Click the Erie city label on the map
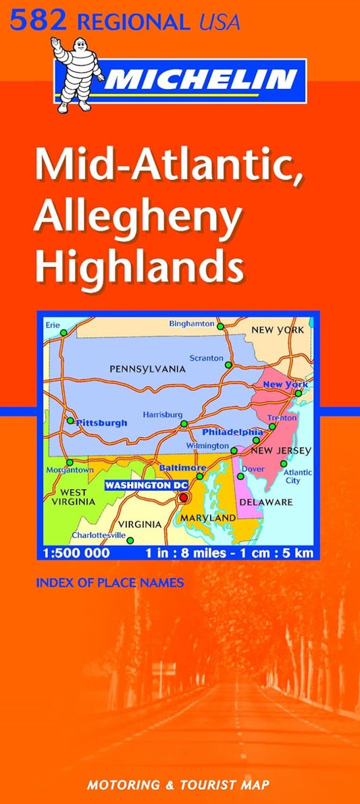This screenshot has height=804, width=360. [53, 325]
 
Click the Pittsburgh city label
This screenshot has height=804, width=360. [101, 423]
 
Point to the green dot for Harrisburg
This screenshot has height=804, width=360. [184, 424]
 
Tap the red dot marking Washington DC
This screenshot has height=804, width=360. [183, 498]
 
